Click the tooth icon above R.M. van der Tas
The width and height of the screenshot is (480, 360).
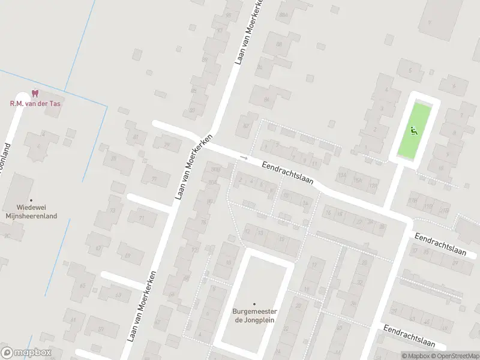point(35,94)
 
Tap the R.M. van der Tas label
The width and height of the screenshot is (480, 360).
point(35,103)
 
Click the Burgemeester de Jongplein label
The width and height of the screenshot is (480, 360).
point(254,315)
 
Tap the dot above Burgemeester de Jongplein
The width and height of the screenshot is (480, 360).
point(254,304)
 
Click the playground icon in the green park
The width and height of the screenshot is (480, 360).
point(413,129)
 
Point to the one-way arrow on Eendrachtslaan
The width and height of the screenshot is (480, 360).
point(243,158)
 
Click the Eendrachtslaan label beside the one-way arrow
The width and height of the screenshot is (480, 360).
point(288,173)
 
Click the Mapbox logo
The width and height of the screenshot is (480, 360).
point(26,353)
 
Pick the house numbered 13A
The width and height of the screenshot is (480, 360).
point(342,176)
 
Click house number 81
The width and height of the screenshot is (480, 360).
point(136,137)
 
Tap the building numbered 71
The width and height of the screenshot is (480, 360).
point(142,218)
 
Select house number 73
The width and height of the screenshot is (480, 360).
point(113,211)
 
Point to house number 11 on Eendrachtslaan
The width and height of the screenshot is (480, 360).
point(315,163)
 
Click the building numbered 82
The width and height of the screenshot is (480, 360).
point(245,125)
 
